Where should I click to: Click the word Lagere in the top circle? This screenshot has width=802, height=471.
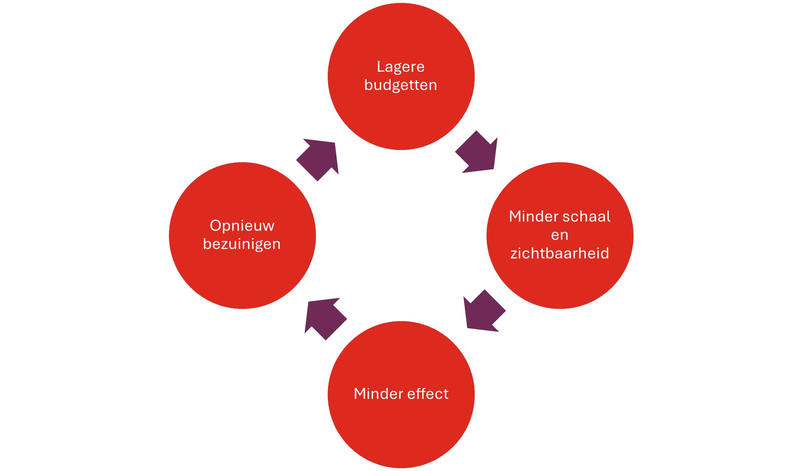coord(401,67)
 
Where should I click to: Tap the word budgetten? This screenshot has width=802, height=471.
coord(401,85)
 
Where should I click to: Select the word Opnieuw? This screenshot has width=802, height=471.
coord(242,226)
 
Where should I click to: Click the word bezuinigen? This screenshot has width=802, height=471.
coord(242,244)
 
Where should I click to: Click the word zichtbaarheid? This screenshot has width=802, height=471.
coord(560,253)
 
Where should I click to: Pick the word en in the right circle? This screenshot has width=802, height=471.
coord(560,235)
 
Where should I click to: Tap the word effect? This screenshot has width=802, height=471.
coord(428,394)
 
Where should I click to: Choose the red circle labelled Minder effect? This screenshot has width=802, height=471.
coord(401,430)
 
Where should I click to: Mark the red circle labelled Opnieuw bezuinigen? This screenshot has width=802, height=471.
coord(242,276)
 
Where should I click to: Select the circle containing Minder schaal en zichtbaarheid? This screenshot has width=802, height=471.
coord(560,284)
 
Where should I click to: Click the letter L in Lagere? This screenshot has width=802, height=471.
coord(380,66)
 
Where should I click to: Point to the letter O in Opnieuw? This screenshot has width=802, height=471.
coord(215,226)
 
